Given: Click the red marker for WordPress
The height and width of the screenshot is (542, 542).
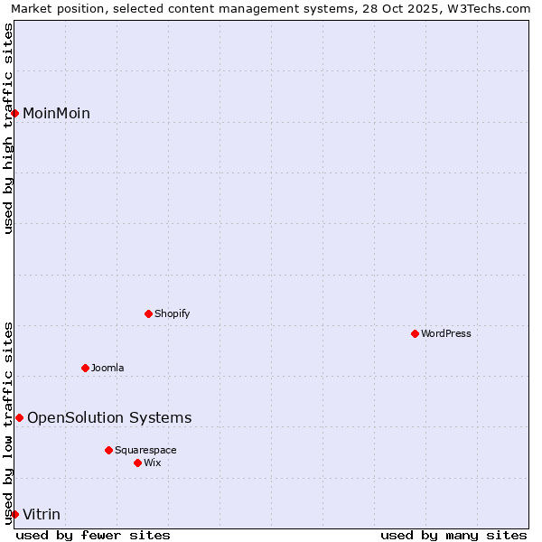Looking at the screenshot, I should (415, 333).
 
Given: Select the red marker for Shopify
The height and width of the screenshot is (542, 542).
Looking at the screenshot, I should (148, 313).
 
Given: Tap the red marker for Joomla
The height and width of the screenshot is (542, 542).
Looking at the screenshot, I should (85, 368).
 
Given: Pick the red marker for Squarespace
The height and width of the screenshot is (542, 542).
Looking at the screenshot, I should (108, 450).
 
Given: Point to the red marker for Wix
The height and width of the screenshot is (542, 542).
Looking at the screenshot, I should (137, 463).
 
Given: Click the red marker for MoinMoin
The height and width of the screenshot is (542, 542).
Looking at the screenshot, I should (15, 113).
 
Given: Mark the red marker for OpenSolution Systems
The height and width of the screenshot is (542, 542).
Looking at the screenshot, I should (19, 417).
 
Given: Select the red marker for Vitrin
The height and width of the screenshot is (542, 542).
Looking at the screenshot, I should (14, 514).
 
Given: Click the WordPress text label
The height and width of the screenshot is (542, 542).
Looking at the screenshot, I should (446, 334).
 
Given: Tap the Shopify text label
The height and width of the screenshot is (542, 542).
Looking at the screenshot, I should (173, 314).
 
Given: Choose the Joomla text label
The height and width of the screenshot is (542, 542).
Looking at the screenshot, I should (107, 369).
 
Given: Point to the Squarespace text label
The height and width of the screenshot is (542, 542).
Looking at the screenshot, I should (145, 451).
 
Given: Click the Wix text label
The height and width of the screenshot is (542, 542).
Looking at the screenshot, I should (153, 463).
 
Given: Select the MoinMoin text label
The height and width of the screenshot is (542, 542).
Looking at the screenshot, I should (56, 114).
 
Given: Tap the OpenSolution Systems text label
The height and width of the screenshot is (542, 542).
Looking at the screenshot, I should (109, 418).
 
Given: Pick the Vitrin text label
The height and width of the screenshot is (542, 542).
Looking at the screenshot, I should (42, 515).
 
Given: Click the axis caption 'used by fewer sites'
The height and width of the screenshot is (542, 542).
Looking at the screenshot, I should (93, 536).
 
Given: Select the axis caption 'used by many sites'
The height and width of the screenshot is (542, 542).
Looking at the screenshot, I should (453, 536).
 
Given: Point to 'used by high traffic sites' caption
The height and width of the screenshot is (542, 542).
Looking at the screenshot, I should (9, 128).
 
